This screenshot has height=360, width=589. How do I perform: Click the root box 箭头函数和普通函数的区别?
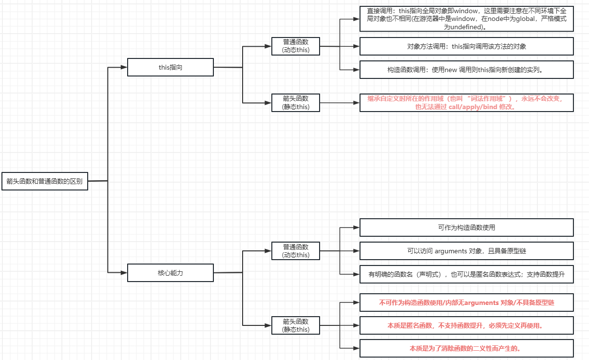pyautogui.click(x=45, y=181)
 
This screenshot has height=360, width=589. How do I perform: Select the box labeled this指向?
pyautogui.click(x=171, y=67)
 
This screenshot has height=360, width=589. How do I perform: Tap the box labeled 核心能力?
pyautogui.click(x=171, y=273)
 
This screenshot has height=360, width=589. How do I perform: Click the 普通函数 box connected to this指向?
pyautogui.click(x=296, y=46)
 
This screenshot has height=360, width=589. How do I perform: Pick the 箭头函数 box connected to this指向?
pyautogui.click(x=296, y=103)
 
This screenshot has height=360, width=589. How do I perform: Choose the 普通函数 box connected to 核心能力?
pyautogui.click(x=296, y=251)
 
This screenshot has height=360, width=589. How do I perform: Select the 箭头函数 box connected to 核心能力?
pyautogui.click(x=296, y=325)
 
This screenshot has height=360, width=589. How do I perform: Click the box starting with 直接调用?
pyautogui.click(x=466, y=19)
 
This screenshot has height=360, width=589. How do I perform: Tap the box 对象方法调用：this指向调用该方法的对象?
pyautogui.click(x=466, y=46)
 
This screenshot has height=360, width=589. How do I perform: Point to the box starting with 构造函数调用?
pyautogui.click(x=466, y=70)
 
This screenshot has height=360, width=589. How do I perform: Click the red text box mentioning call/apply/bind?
pyautogui.click(x=466, y=103)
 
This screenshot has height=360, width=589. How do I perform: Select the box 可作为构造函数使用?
pyautogui.click(x=466, y=227)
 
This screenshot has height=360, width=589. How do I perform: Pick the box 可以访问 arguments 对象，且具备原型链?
pyautogui.click(x=466, y=251)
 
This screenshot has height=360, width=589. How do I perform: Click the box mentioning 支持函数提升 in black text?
pyautogui.click(x=466, y=274)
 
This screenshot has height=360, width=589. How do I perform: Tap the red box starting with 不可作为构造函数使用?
pyautogui.click(x=466, y=303)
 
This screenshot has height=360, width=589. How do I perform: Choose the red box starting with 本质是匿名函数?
pyautogui.click(x=466, y=325)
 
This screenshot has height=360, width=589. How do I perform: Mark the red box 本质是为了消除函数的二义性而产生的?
pyautogui.click(x=466, y=348)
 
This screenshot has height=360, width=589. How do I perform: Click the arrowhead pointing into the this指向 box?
pyautogui.click(x=124, y=67)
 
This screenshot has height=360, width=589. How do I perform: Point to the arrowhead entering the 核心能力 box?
pyautogui.click(x=124, y=273)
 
